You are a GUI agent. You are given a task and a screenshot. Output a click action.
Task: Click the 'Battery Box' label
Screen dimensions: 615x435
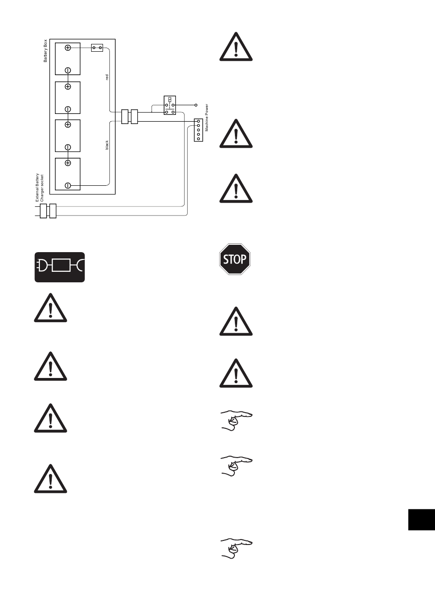pos(45,51)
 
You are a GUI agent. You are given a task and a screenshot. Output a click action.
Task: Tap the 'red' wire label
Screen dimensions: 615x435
pos(107,77)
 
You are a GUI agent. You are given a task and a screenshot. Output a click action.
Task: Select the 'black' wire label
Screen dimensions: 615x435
pos(107,145)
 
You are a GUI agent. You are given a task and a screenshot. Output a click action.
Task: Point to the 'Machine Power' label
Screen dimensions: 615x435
pos(207,118)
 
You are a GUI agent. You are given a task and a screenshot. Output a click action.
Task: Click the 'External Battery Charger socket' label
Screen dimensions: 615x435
pos(40,188)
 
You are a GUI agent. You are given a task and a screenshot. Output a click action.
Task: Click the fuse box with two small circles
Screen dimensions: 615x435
pos(97,48)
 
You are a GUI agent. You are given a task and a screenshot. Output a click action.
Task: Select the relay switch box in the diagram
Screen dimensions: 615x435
pos(170,106)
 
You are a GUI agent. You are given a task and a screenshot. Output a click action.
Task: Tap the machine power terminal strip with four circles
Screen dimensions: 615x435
pos(198,130)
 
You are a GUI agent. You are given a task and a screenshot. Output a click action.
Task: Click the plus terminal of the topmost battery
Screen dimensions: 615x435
pos(68,48)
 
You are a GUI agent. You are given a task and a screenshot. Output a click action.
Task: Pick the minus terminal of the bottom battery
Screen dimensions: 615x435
pos(68,185)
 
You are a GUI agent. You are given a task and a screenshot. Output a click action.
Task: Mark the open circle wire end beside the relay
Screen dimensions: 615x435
pos(196,105)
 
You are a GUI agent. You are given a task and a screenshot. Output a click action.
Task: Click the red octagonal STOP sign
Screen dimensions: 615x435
pos(235,259)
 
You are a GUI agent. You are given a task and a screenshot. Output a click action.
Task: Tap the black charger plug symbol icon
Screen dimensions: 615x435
pos(60,267)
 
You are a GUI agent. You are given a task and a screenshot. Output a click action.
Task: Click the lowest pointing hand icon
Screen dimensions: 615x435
pos(236,548)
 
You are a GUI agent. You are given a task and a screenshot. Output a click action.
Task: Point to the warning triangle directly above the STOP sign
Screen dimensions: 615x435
pos(236,189)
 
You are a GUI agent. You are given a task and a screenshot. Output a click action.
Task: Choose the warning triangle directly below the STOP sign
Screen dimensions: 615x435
pos(236,322)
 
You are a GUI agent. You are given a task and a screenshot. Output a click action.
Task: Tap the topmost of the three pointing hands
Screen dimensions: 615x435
pos(236,420)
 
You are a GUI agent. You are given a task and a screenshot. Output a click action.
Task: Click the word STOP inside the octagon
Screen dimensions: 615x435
pos(235,259)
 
